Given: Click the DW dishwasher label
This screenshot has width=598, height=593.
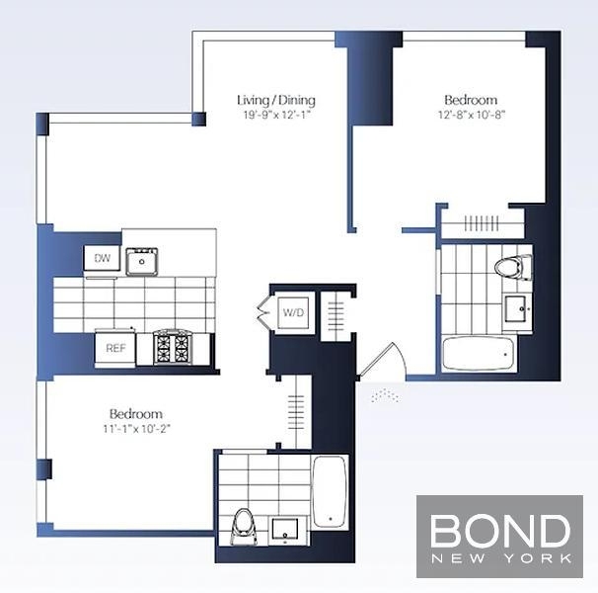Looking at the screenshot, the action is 103,258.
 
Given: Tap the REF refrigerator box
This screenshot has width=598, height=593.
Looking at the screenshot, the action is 115,349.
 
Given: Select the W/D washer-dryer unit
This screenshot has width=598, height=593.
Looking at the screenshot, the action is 293,312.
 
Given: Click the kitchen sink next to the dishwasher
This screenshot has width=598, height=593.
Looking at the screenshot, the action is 142,261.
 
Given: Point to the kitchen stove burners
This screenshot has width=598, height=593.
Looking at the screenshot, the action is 172,347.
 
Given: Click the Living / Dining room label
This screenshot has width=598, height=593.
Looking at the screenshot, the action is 276,101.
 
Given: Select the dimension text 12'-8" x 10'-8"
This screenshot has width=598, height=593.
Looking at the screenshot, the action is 472,115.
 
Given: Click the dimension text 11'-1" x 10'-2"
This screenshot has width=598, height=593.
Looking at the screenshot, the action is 136,429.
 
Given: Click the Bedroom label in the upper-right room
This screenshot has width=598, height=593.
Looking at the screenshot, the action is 471,100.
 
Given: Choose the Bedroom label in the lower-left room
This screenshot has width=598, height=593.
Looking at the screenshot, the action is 136,414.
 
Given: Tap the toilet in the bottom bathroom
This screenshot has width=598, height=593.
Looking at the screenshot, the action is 244,526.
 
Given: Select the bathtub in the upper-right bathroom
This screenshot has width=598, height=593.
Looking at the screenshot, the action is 479,354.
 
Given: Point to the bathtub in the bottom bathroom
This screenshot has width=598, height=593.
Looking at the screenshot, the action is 330,491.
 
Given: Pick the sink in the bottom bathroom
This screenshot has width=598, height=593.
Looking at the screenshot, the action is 284,531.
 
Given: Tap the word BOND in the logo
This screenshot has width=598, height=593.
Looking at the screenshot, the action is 499,531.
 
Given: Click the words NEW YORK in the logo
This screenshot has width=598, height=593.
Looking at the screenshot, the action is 500,558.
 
